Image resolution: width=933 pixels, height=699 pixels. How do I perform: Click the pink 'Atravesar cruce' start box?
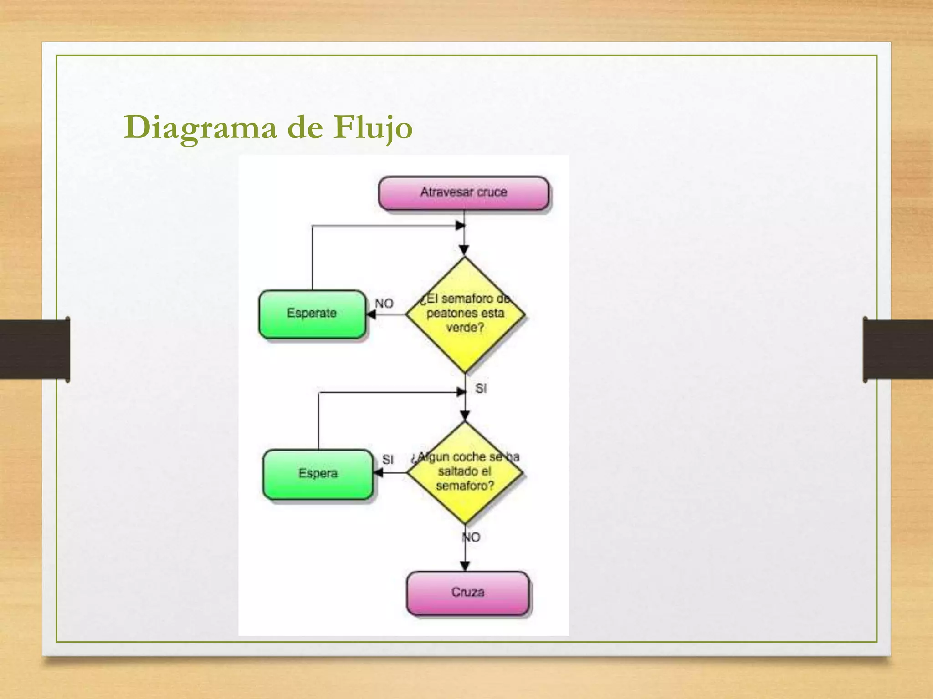coord(464,193)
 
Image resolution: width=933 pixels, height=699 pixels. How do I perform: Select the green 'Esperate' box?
coord(312,314)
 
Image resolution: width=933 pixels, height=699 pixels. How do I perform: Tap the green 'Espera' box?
coord(318,474)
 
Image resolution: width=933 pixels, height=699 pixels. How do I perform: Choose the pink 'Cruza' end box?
coord(468,593)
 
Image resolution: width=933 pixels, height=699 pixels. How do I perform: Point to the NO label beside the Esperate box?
coord(384,304)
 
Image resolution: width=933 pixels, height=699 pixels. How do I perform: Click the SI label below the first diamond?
coord(481,389)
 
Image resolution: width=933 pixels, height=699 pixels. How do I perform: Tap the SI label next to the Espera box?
coord(388,460)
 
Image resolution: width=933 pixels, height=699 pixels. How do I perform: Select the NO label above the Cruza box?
coord(472,537)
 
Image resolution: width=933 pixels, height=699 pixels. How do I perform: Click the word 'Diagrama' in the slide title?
coord(200,127)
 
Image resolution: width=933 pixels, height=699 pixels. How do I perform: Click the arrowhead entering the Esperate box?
coord(371,314)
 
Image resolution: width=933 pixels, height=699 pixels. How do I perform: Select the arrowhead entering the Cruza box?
coord(465,566)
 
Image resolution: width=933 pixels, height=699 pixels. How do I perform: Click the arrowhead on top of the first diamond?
coord(464,250)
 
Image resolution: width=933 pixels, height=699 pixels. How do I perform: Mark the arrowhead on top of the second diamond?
coord(465,416)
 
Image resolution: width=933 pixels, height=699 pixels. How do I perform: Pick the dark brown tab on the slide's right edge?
coord(897,349)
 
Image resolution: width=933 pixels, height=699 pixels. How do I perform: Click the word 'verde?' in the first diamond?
coord(465,328)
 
